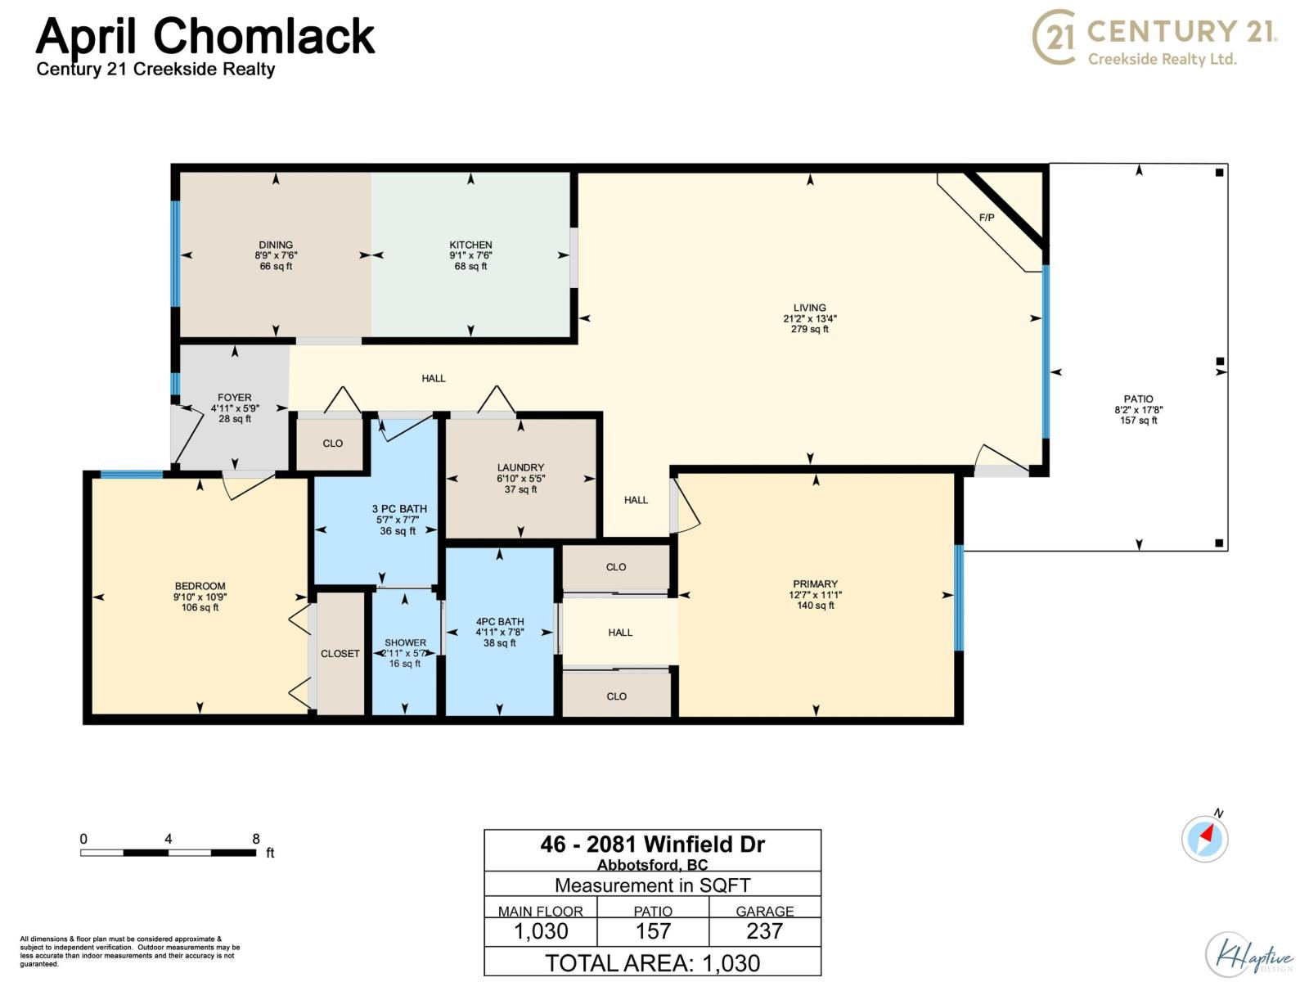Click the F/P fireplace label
click(x=987, y=218)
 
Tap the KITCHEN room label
click(x=470, y=245)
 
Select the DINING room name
click(x=276, y=245)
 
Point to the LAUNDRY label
click(x=520, y=467)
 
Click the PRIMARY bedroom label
click(x=815, y=583)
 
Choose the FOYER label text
click(x=234, y=397)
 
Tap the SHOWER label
click(x=405, y=642)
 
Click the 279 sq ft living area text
click(x=809, y=328)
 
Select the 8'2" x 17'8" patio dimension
click(x=1138, y=410)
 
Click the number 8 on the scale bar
click(x=256, y=838)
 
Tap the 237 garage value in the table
click(x=764, y=930)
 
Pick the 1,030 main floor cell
click(x=541, y=930)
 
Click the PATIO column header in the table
click(x=652, y=911)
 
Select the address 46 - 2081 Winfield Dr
click(x=652, y=845)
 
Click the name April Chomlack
click(x=205, y=36)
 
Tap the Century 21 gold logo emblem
click(x=1054, y=37)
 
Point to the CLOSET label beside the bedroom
click(x=340, y=654)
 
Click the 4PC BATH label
click(x=500, y=621)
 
